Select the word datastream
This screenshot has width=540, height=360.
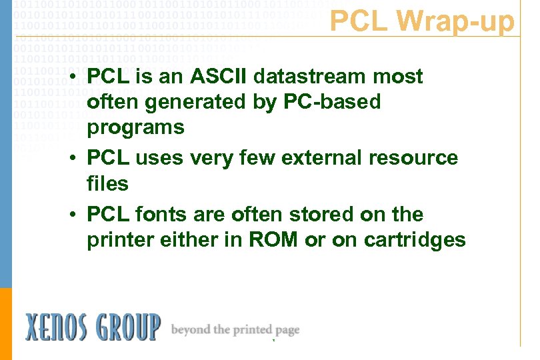(309, 77)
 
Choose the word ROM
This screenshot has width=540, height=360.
(273, 239)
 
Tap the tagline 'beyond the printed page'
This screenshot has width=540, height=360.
(235, 329)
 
